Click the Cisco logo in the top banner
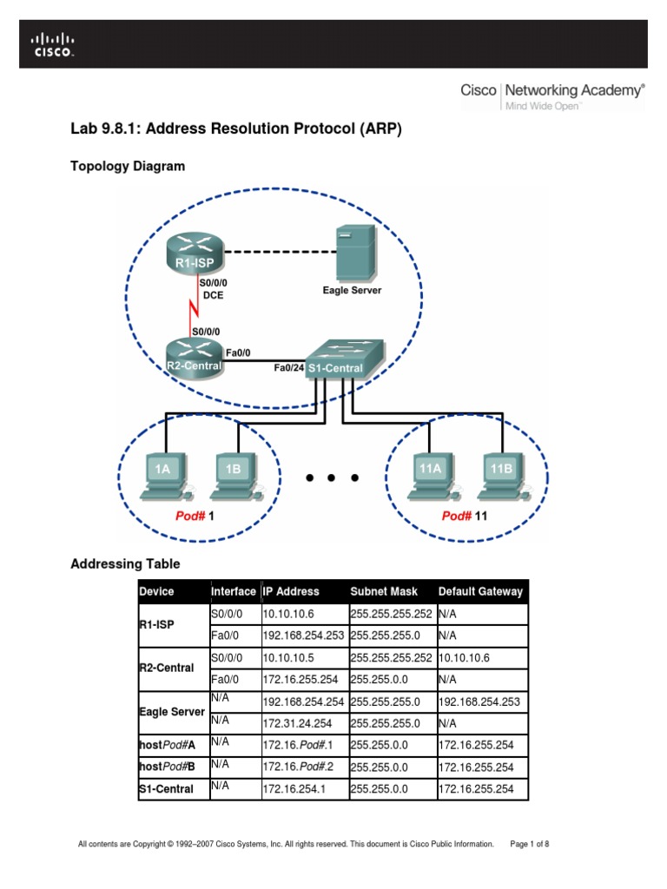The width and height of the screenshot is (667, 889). [53, 44]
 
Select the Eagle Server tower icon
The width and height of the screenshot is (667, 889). [356, 251]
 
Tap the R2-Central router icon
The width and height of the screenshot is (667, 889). [194, 358]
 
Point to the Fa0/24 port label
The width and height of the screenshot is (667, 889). [287, 368]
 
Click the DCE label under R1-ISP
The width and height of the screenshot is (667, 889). [214, 295]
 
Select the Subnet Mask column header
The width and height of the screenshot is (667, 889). [384, 591]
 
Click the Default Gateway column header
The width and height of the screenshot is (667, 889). [480, 591]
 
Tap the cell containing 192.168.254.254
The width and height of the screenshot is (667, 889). [304, 701]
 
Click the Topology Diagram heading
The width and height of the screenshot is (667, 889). [128, 166]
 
